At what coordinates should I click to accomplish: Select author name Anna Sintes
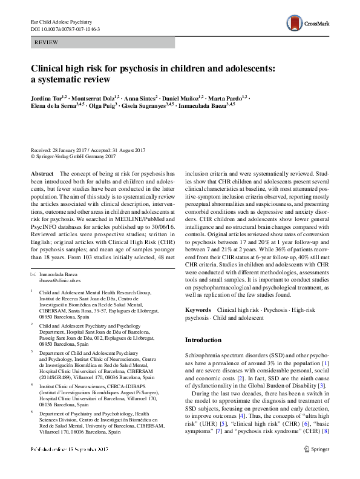pyautogui.click(x=140, y=97)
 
